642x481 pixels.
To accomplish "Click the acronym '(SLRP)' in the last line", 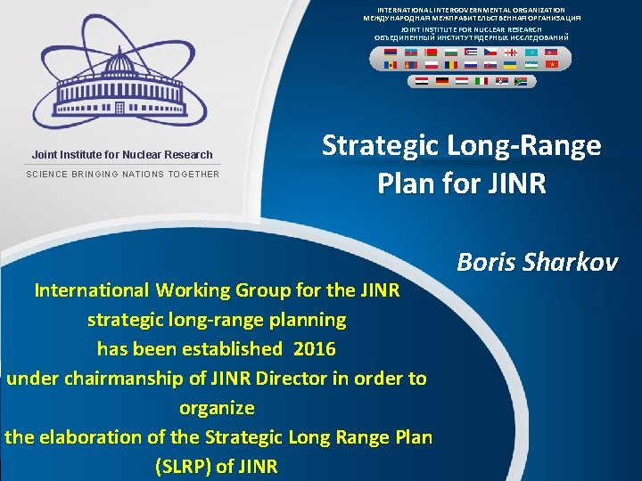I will tap(185, 466).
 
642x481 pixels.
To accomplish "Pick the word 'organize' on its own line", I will tap(217, 407).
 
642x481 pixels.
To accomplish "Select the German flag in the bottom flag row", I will tap(442, 81).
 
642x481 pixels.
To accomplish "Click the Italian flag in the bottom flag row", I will tap(482, 81).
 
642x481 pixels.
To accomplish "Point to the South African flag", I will tap(522, 81).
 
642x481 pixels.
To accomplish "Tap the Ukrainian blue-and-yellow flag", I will tap(509, 65).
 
